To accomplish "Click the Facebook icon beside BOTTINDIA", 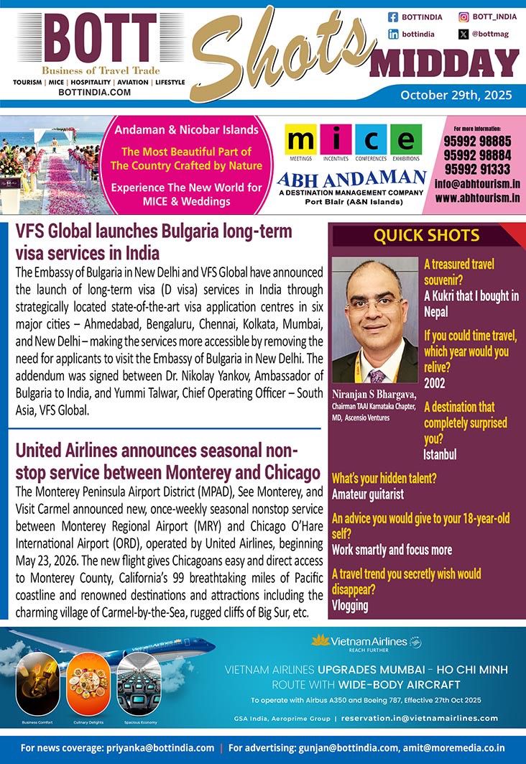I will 393,17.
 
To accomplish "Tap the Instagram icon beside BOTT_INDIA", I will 464,17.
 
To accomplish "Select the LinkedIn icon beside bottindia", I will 393,34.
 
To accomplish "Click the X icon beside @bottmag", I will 464,34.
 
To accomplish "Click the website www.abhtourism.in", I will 477,197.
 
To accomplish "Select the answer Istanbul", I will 440,454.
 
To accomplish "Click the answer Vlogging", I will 350,605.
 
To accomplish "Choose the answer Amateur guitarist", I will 368,494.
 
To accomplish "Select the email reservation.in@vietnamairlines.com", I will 420,718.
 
